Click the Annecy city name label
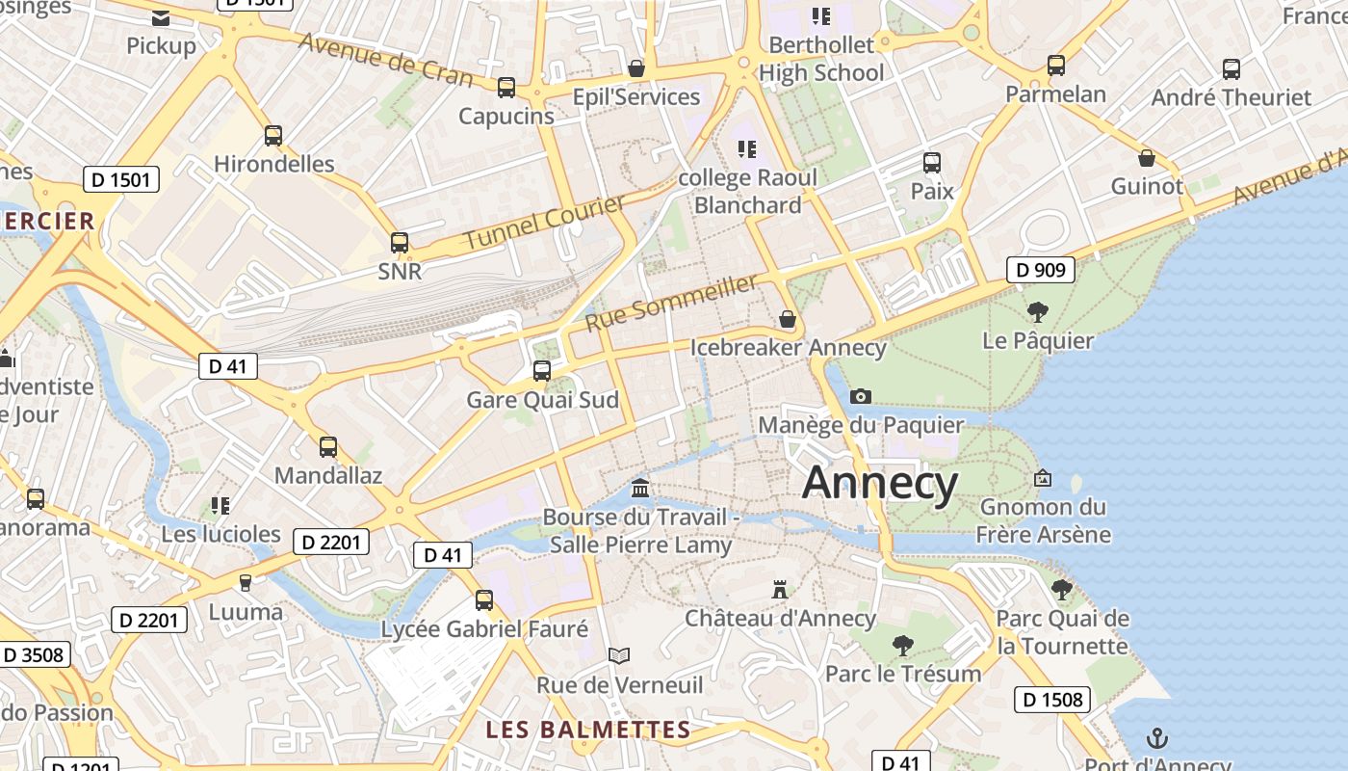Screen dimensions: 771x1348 coord(879,482)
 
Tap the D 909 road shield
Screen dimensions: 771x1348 coord(1041,270)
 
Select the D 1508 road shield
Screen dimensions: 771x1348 coord(1051,700)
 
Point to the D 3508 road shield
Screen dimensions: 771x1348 coord(34,655)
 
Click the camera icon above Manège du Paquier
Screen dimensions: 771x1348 coord(861,396)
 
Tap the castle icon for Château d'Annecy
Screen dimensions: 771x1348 coord(780,589)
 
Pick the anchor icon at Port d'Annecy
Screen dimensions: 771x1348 coord(1157,739)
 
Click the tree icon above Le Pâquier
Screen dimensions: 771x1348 coord(1037,311)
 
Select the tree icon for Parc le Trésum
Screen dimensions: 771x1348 coord(902,645)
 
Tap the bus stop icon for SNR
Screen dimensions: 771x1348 coord(400,243)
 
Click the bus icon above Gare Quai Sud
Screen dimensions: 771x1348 coord(542,371)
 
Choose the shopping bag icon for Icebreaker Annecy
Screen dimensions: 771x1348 coord(788,319)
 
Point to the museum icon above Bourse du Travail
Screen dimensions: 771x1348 coord(640,489)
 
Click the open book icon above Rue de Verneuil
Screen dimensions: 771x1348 coord(619,656)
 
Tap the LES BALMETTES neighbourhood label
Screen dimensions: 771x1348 coord(587,730)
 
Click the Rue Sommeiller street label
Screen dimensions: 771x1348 coord(671,302)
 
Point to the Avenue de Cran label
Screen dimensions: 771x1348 coord(385,60)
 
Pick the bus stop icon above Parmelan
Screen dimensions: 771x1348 coord(1056,66)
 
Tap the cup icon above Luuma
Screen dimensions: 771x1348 coord(246,583)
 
